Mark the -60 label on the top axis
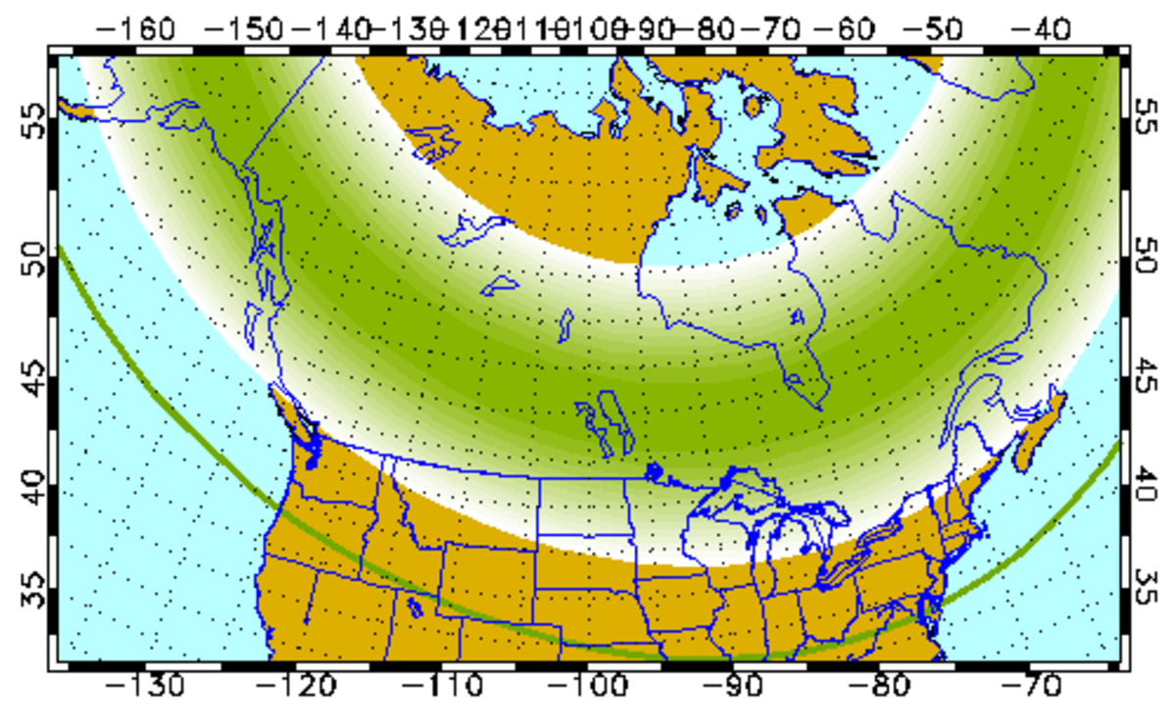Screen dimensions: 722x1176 pos(851,26)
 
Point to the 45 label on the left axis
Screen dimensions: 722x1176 pos(33,372)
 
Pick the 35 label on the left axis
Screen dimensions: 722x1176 pos(33,594)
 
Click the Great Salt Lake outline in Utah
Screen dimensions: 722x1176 pos(415,605)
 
